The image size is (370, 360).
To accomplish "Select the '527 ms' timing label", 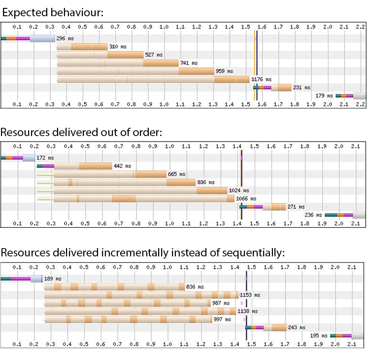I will coord(153,55).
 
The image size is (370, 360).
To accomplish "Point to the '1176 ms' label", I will coord(262,79).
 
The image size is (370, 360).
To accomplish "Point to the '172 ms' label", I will coord(45,158).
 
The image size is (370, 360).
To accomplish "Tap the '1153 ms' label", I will coord(249,295).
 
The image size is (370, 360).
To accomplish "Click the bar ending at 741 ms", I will coord(118,63).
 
